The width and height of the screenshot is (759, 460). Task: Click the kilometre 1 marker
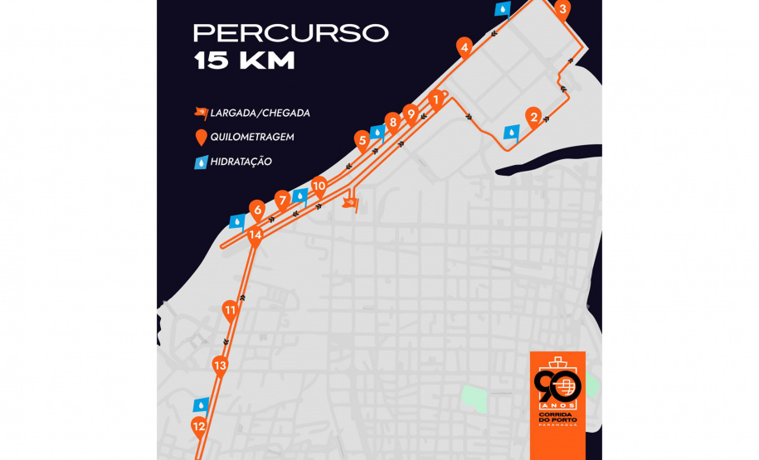[x=435, y=101]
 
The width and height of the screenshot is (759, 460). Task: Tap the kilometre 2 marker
[x=534, y=117]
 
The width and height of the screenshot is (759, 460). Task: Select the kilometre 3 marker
[x=562, y=11]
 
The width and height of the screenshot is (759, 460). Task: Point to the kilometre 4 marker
[x=465, y=47]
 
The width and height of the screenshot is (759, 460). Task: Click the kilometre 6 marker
[x=258, y=211]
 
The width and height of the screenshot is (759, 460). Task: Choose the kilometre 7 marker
[x=283, y=200]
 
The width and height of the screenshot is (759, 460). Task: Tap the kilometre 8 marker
[x=392, y=122]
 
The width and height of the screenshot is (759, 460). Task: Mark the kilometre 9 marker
[x=409, y=114]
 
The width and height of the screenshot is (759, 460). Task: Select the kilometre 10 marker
[x=319, y=186]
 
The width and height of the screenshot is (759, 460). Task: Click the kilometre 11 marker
[x=231, y=312]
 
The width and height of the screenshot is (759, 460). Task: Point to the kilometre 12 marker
[x=198, y=428]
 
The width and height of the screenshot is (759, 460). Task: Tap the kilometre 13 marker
[x=220, y=365]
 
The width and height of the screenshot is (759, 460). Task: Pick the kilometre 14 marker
[x=255, y=235]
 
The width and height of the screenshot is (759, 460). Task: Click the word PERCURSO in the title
[x=290, y=33]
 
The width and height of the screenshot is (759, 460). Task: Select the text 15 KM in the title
[x=244, y=61]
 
